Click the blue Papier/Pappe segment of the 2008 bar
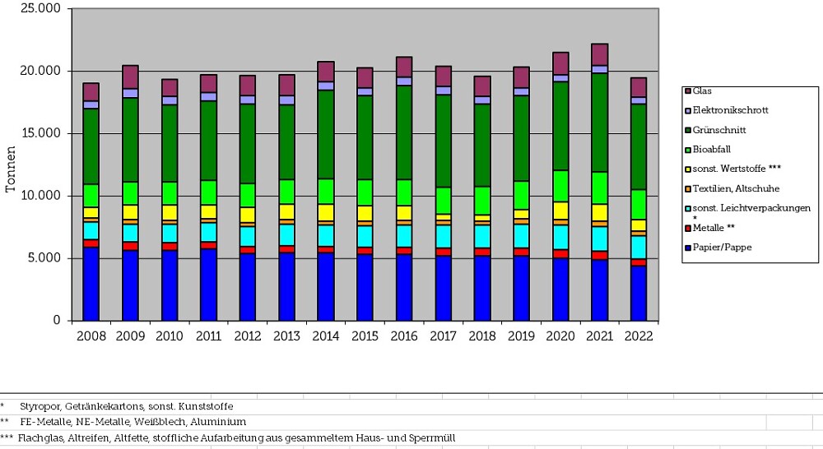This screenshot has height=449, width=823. click(91, 284)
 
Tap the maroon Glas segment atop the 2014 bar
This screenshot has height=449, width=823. click(326, 72)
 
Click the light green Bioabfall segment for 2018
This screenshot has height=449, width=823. click(482, 201)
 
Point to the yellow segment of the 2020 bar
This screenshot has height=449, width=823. click(560, 211)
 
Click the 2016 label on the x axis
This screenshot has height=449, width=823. click(404, 336)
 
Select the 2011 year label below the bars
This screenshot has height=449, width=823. click(207, 336)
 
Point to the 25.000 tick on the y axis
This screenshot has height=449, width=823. click(44, 9)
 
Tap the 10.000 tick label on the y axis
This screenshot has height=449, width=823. click(44, 196)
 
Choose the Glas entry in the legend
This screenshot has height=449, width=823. click(702, 90)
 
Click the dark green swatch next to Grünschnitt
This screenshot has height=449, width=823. click(686, 130)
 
